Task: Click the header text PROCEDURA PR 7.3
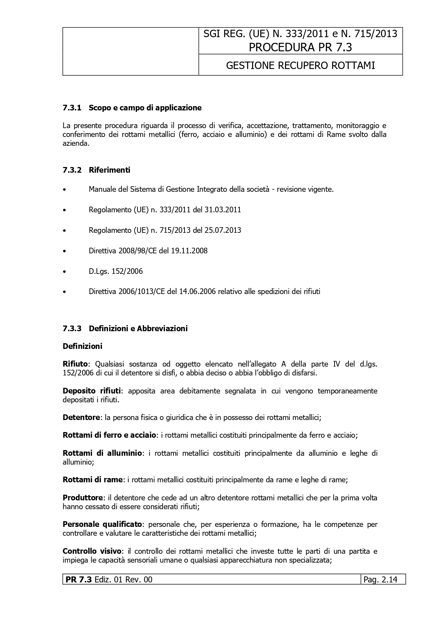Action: (300, 47)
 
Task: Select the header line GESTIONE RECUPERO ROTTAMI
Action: (300, 65)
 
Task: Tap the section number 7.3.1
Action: (72, 108)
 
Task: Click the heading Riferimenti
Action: (109, 170)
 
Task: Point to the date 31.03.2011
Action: (223, 209)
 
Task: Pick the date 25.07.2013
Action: (223, 230)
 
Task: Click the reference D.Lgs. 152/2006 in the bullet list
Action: (116, 271)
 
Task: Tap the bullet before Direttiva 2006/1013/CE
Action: (64, 292)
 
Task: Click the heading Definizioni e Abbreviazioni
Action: (138, 328)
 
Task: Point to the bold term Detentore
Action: (81, 418)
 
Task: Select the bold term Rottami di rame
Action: (93, 480)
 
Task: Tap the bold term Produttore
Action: (82, 498)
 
